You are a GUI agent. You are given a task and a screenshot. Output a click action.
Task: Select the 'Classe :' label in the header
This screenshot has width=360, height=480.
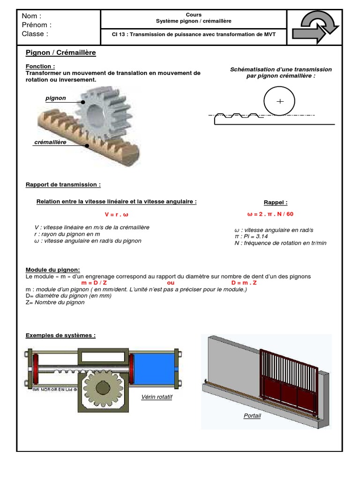[35, 34]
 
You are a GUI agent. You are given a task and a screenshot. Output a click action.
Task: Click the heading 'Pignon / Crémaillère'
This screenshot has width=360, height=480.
[60, 52]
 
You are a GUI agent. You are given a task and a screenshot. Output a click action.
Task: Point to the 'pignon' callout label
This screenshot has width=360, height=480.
[56, 98]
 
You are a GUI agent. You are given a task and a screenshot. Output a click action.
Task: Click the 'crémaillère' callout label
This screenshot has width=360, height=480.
[50, 142]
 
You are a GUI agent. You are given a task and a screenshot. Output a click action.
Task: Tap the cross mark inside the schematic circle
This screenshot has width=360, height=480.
[280, 101]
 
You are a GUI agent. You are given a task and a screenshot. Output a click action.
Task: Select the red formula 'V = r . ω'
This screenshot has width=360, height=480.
[116, 214]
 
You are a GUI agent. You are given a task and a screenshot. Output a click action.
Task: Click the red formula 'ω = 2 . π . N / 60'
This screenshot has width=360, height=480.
[270, 214]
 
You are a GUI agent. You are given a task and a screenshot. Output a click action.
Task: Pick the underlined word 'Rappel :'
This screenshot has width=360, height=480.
[276, 202]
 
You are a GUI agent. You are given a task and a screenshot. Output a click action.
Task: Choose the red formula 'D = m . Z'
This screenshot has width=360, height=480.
[244, 283]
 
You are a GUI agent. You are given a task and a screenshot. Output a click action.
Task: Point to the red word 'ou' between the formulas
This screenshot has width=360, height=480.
[171, 283]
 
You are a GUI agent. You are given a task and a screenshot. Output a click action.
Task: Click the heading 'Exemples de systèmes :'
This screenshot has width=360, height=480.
[60, 336]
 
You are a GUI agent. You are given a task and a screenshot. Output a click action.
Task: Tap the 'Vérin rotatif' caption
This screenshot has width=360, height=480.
[157, 397]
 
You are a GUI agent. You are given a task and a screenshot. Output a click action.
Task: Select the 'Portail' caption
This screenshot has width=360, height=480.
[252, 416]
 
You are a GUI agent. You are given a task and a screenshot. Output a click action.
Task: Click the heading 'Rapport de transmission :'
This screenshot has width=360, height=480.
[63, 185]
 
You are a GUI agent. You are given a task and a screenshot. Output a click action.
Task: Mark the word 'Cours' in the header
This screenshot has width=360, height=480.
[194, 15]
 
